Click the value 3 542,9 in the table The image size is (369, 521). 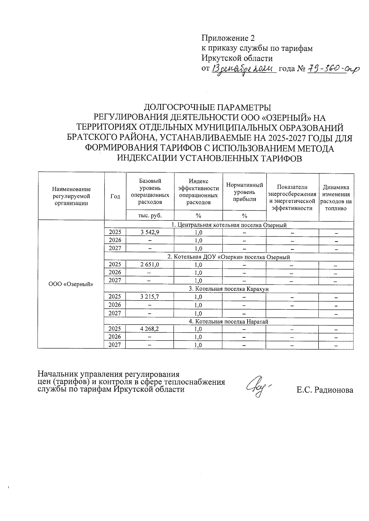(x=150, y=232)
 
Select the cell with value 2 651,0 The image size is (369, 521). (x=150, y=264)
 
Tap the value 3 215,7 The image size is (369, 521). (x=150, y=297)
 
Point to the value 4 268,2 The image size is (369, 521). (x=150, y=329)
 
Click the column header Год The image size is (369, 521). (x=115, y=196)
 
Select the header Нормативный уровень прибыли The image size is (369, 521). (x=244, y=192)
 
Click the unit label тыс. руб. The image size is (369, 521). (x=150, y=216)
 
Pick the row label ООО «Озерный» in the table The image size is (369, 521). (x=71, y=284)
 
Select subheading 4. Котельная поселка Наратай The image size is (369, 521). (x=229, y=321)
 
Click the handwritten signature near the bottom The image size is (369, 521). (x=258, y=387)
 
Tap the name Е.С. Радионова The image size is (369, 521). (x=325, y=390)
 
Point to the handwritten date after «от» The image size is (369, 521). (x=243, y=70)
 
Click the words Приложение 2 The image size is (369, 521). (x=228, y=38)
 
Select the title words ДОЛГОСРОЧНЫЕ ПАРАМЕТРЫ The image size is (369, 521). (x=208, y=107)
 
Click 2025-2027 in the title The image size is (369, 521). (x=289, y=138)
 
